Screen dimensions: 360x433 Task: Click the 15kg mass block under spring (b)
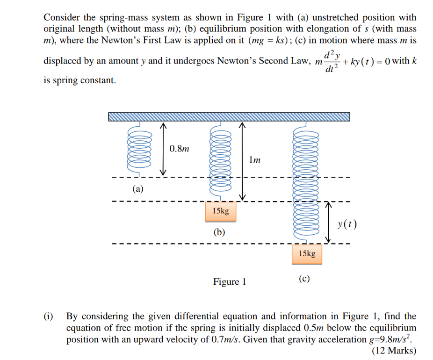[x=221, y=211]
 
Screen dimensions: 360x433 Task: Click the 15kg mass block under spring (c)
[x=307, y=253]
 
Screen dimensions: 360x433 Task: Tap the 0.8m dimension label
[x=180, y=149]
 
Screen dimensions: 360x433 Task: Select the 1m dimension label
[x=255, y=160]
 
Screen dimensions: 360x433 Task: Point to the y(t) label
[x=347, y=224]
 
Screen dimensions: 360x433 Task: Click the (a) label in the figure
[x=138, y=189]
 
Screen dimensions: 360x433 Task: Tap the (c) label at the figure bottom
[x=304, y=279]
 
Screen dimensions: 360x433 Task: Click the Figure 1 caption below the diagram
[x=230, y=281]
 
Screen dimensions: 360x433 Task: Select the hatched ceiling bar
[x=229, y=116]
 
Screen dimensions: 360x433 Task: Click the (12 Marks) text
[x=394, y=350]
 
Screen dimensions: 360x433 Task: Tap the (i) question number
[x=48, y=317]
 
